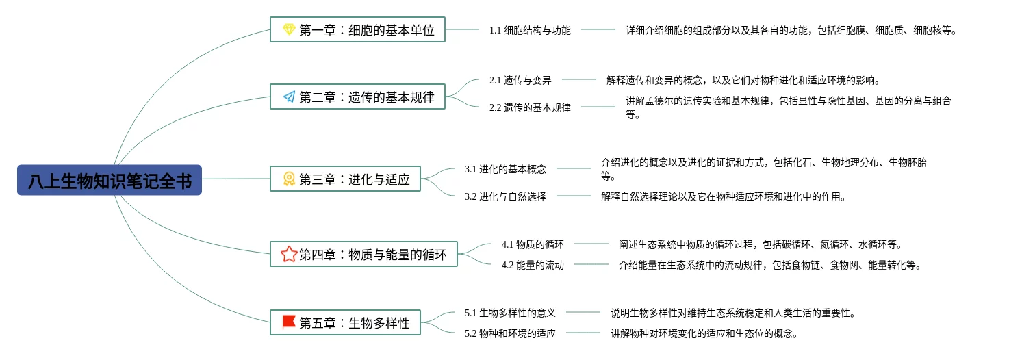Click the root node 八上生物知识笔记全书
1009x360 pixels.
point(110,180)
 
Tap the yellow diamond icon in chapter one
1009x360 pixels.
point(289,29)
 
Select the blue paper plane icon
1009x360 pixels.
point(289,97)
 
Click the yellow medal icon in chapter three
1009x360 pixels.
point(289,179)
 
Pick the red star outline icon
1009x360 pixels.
point(289,254)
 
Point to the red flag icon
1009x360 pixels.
point(289,322)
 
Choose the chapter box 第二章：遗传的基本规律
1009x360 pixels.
point(357,97)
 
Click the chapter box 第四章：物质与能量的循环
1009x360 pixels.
point(363,254)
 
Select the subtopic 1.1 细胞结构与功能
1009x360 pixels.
point(530,30)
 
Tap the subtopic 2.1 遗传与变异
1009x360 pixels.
point(520,80)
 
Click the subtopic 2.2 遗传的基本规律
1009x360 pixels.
point(530,107)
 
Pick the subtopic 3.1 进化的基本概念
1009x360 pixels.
point(505,169)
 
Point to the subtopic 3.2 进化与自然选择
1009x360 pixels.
point(505,196)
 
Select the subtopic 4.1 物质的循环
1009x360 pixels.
point(533,244)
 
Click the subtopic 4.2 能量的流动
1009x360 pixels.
point(533,265)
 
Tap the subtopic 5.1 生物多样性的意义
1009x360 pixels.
point(510,313)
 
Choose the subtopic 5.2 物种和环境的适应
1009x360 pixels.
point(510,333)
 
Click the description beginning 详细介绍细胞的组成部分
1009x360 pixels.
point(791,30)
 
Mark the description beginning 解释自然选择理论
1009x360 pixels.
point(724,196)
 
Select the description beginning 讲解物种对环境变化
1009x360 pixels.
point(704,333)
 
